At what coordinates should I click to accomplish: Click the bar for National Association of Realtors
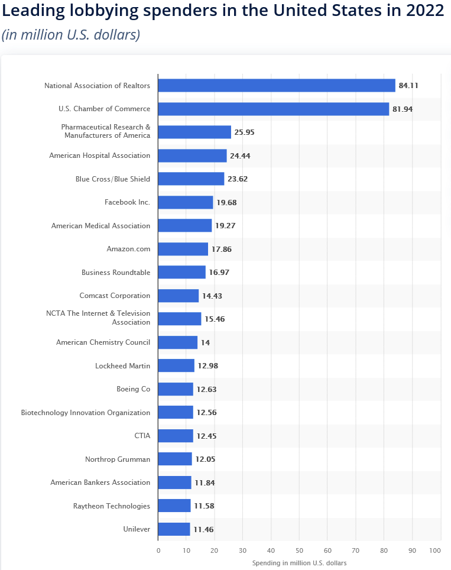click(x=277, y=86)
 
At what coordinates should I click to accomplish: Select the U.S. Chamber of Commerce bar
click(x=274, y=109)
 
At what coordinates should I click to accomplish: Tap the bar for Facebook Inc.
click(x=186, y=202)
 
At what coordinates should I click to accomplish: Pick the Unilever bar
click(x=174, y=529)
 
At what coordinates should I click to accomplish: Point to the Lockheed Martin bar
click(x=176, y=365)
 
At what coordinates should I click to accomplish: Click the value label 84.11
click(x=408, y=86)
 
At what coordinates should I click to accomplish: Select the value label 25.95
click(x=244, y=132)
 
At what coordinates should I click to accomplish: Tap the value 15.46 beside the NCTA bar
click(x=215, y=319)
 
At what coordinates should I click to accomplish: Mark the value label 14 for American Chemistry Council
click(x=205, y=342)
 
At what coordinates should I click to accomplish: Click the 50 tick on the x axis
click(x=299, y=551)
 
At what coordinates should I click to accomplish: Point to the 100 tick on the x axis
click(x=436, y=551)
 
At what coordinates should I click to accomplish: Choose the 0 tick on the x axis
click(x=158, y=551)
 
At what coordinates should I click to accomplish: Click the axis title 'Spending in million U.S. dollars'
click(x=299, y=562)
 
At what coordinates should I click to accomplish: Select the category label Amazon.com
click(x=128, y=249)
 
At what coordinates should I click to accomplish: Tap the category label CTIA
click(x=142, y=436)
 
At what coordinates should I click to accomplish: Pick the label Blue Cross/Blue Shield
click(x=113, y=179)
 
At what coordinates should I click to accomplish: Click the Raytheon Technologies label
click(x=112, y=506)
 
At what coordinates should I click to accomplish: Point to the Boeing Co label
click(x=134, y=389)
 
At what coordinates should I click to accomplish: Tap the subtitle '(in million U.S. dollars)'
click(x=71, y=35)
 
